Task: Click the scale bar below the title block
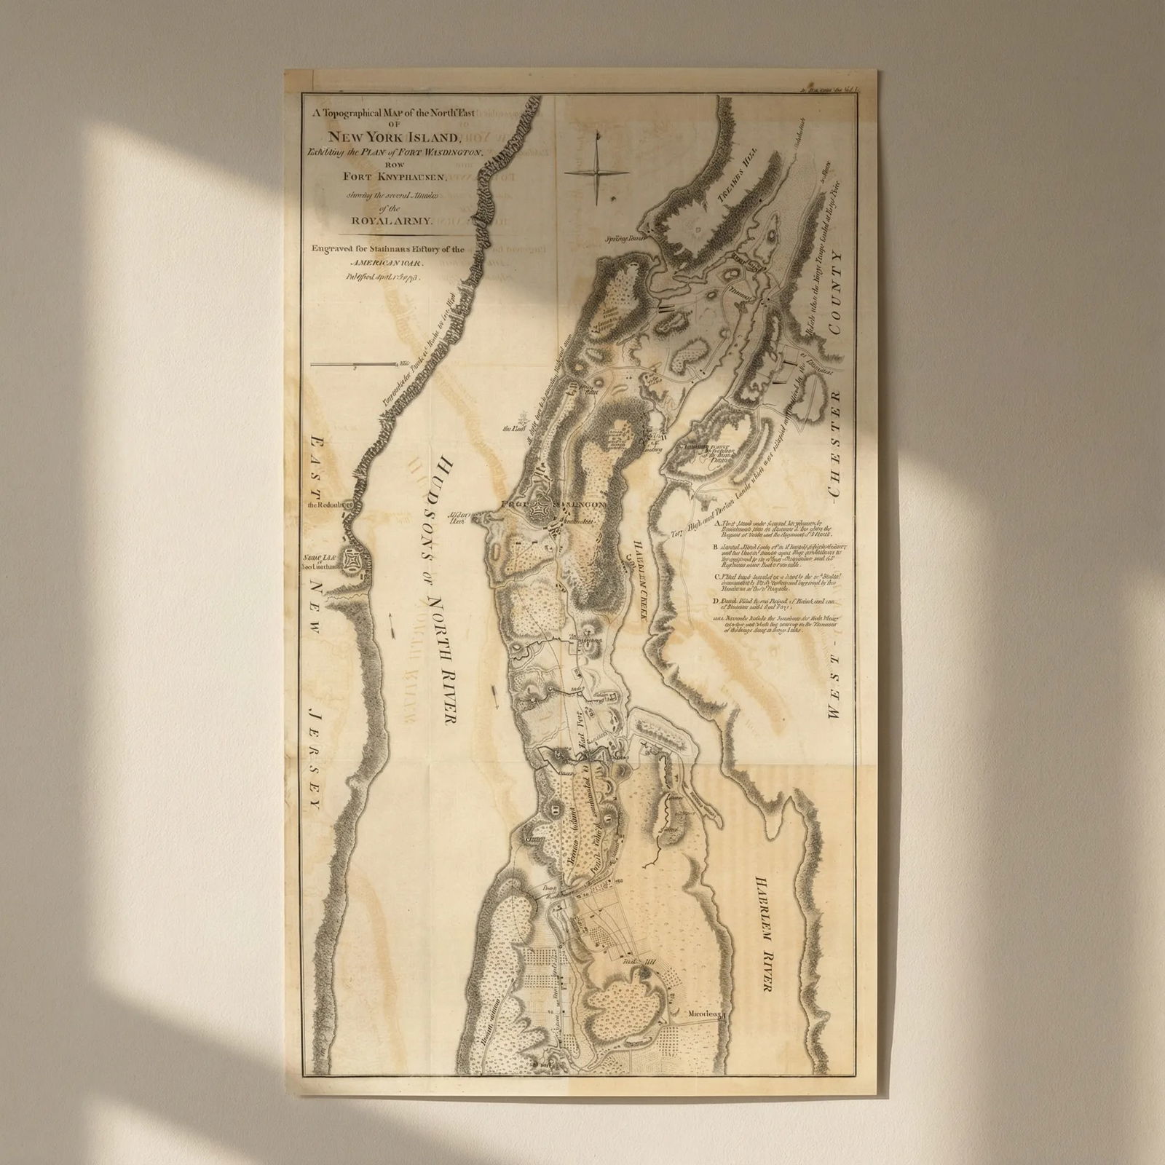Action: point(355,364)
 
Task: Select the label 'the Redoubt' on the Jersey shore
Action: point(325,504)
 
